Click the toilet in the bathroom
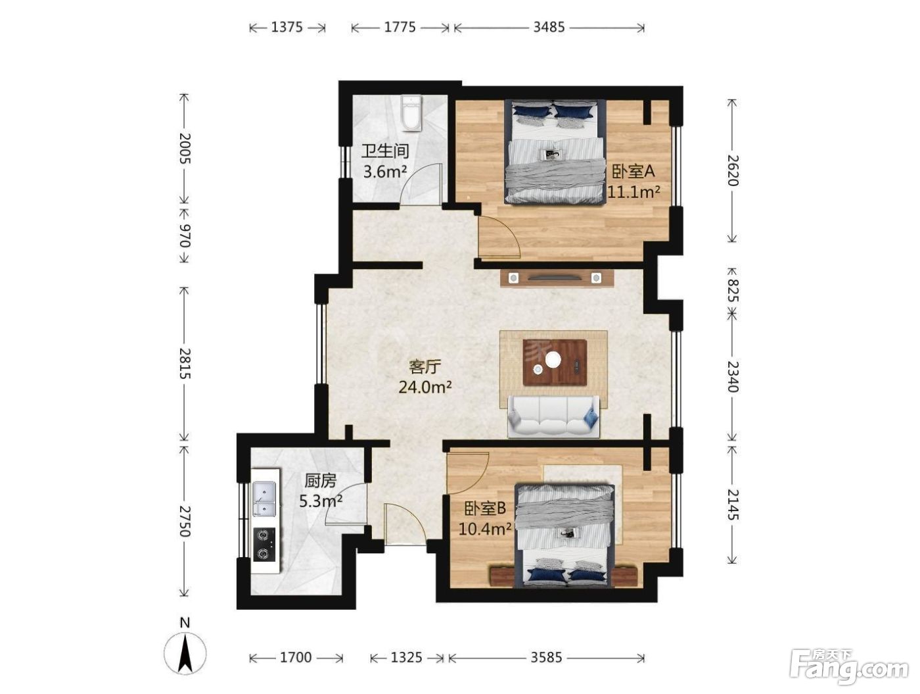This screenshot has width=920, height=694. pyautogui.click(x=410, y=113)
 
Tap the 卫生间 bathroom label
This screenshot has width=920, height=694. pyautogui.click(x=385, y=151)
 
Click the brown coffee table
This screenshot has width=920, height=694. pyautogui.click(x=554, y=362)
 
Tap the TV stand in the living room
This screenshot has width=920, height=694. pyautogui.click(x=557, y=278)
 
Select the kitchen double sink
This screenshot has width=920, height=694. pyautogui.click(x=264, y=499)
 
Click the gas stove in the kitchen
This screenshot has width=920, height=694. pyautogui.click(x=264, y=545)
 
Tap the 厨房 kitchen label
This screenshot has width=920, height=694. pyautogui.click(x=320, y=481)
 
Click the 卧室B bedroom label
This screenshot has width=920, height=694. pyautogui.click(x=485, y=509)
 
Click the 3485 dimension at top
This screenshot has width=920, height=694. pyautogui.click(x=549, y=27)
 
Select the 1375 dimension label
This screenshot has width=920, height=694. pyautogui.click(x=287, y=27)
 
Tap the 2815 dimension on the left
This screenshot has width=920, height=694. pyautogui.click(x=185, y=363)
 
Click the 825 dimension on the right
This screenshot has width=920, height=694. pyautogui.click(x=732, y=290)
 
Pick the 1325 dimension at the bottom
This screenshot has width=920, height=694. pyautogui.click(x=406, y=657)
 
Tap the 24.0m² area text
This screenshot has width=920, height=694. pyautogui.click(x=425, y=387)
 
